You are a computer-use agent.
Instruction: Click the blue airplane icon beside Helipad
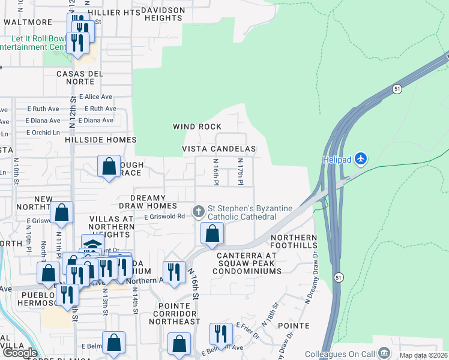(360, 158)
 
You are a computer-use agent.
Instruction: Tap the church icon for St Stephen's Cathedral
(198, 211)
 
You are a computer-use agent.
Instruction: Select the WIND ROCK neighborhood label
(197, 127)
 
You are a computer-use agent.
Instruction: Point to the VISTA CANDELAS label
(219, 149)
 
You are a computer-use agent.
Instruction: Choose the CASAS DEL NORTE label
(83, 77)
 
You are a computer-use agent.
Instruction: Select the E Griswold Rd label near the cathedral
(164, 217)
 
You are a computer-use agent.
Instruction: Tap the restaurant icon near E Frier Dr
(221, 333)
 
